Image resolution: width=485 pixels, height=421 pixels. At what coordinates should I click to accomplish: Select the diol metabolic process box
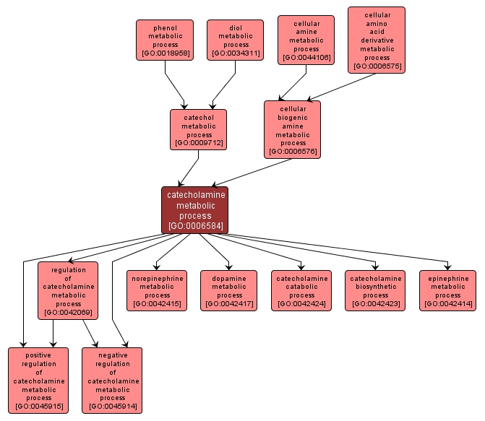[x=235, y=40]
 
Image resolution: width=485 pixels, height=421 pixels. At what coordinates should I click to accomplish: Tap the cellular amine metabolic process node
[x=306, y=40]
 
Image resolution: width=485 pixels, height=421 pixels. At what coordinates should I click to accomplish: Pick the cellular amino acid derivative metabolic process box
[x=377, y=40]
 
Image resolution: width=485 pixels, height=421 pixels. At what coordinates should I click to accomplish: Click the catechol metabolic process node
[x=198, y=129]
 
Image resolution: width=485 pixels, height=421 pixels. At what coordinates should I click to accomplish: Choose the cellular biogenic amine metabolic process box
[x=292, y=129]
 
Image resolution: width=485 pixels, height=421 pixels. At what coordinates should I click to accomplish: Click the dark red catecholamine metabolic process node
[x=195, y=210]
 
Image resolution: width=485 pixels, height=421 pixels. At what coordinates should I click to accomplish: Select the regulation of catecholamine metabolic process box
[x=69, y=291]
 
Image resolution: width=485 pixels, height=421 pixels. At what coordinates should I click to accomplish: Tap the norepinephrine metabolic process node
[x=158, y=290]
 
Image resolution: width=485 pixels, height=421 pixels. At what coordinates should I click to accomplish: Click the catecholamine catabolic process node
[x=301, y=290]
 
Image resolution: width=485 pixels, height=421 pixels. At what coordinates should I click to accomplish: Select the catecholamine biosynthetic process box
[x=375, y=290]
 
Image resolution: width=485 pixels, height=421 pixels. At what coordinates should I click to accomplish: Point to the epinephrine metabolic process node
[x=447, y=290]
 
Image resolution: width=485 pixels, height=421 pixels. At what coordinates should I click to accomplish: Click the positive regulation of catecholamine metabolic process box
[x=38, y=381]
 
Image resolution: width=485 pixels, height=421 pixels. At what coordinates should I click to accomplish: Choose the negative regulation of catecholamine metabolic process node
[x=112, y=381]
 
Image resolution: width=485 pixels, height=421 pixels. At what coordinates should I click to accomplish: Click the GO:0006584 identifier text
[x=195, y=226]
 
